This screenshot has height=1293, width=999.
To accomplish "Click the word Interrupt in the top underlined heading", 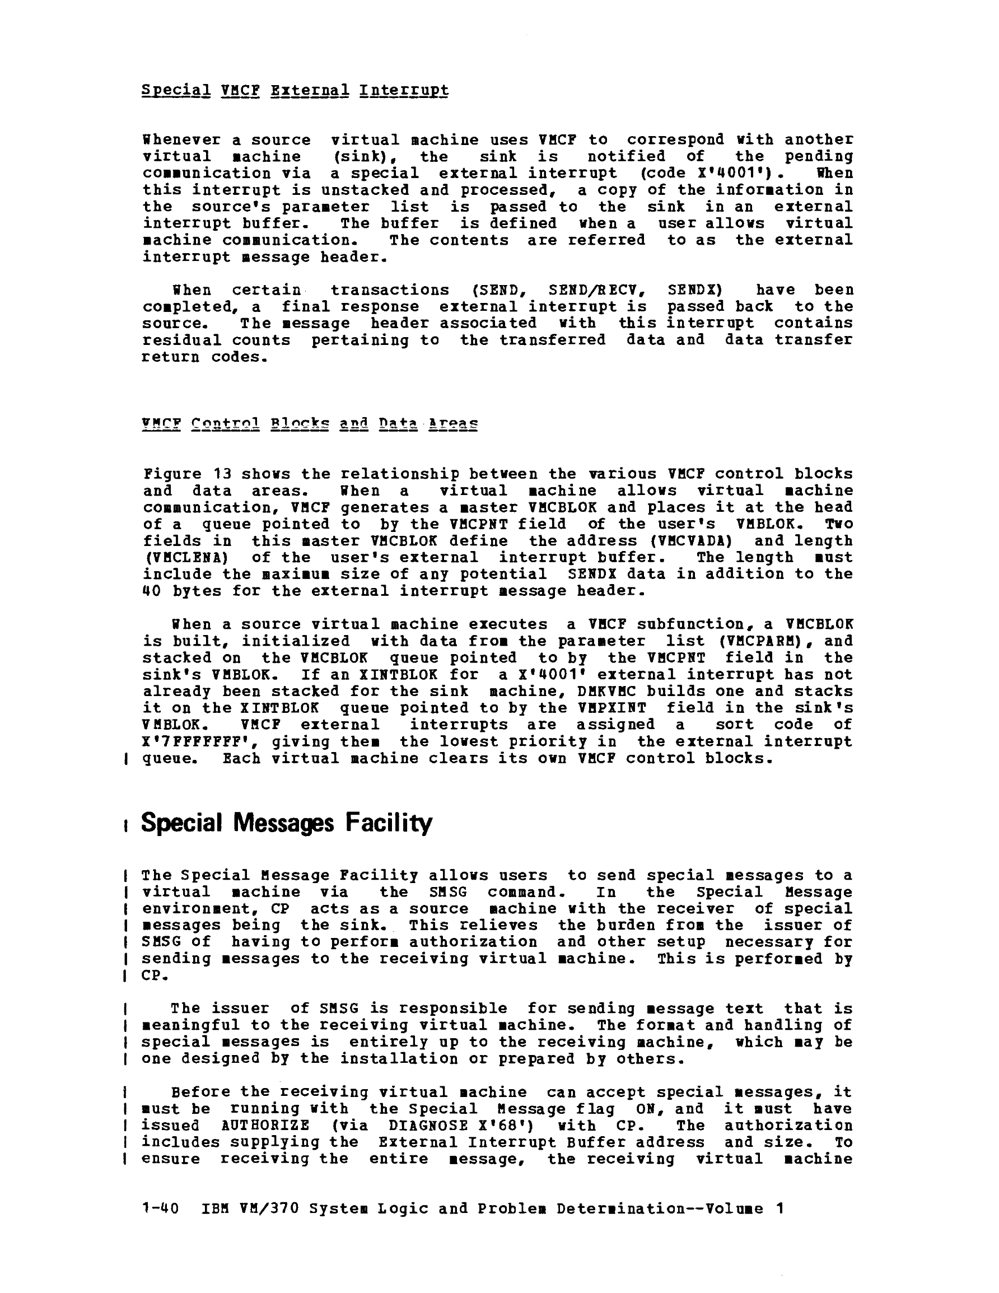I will pos(403,91).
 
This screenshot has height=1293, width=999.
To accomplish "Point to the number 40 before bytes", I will pos(152,591).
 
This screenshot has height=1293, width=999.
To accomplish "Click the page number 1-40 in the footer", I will pos(161,1208).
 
